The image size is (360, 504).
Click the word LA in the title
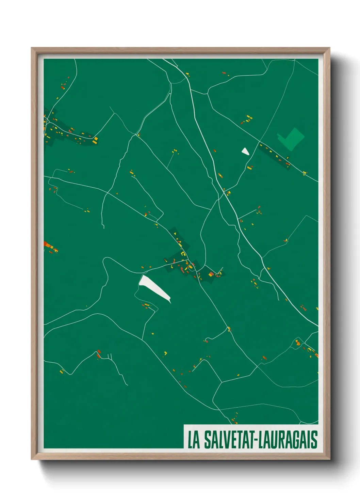[x=194, y=440]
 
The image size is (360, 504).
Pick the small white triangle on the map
[x=245, y=151]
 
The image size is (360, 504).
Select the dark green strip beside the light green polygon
[x=274, y=157]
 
